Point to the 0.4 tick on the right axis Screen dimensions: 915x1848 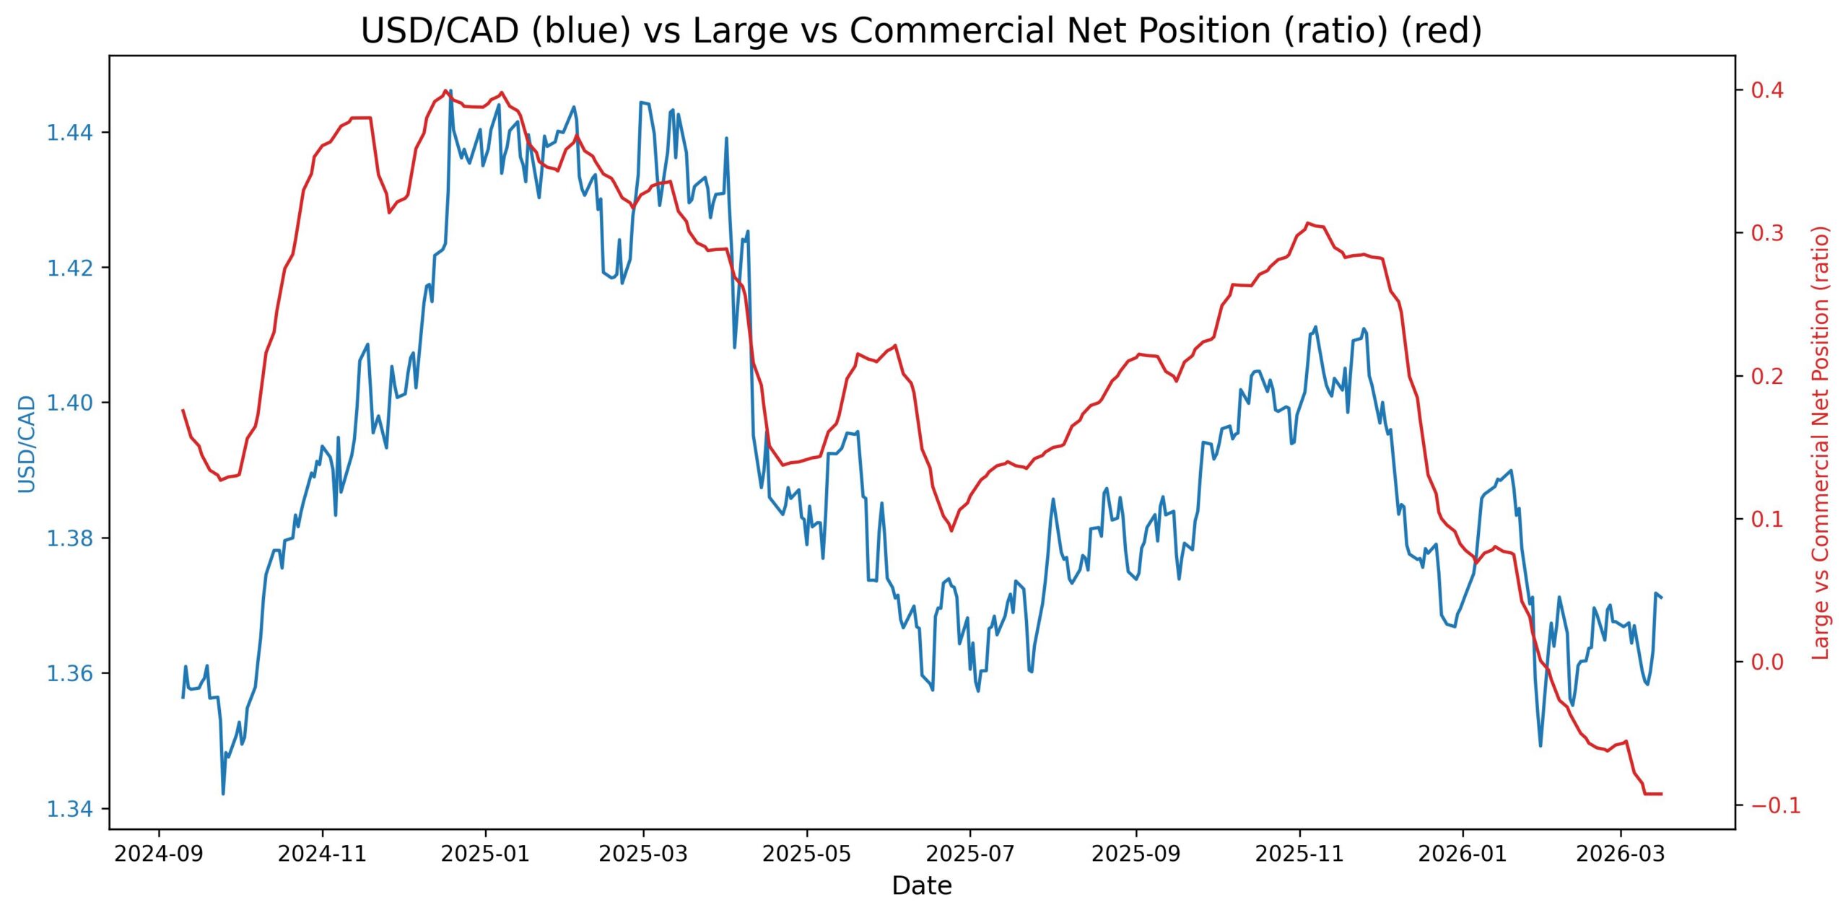click(1766, 90)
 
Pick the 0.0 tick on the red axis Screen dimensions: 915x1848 click(1766, 662)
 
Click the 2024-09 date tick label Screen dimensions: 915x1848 click(159, 855)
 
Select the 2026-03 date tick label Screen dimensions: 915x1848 click(1621, 855)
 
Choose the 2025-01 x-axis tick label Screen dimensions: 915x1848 click(485, 855)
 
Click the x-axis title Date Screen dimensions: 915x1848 click(922, 886)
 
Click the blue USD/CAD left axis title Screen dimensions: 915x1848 click(27, 444)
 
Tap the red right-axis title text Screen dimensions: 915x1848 click(1821, 442)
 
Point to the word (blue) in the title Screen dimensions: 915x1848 click(580, 31)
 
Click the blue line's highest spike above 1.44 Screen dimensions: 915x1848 click(451, 91)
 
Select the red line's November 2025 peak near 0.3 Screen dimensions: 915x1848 click(1308, 223)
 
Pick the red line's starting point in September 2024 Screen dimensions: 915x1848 click(183, 410)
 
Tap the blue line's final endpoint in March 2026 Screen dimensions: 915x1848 click(1662, 597)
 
